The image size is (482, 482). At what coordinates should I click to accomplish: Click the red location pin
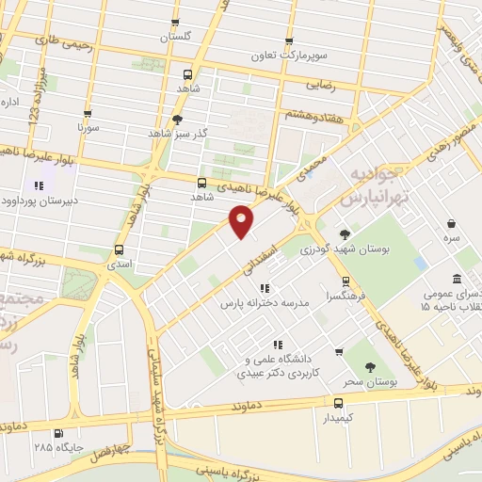coord(242,219)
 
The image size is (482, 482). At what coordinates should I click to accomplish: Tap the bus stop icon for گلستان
coord(173,24)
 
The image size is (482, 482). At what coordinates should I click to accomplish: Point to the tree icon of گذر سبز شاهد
coord(177,120)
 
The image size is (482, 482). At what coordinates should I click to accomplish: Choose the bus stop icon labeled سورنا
coord(87,111)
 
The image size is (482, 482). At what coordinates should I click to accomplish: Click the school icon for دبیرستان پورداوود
coord(40,186)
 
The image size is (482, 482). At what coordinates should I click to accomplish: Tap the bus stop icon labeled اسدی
coord(119,250)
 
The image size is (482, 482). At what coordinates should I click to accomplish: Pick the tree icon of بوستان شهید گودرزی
coord(345,233)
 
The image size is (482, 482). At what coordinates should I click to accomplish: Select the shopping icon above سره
coord(452,224)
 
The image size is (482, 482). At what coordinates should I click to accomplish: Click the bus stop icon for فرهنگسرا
coord(346,281)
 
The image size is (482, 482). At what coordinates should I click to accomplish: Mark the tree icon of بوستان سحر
coord(369,367)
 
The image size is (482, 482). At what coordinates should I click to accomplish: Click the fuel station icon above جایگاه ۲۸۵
coord(60,433)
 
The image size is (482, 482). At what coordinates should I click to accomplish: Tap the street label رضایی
coord(322,85)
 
